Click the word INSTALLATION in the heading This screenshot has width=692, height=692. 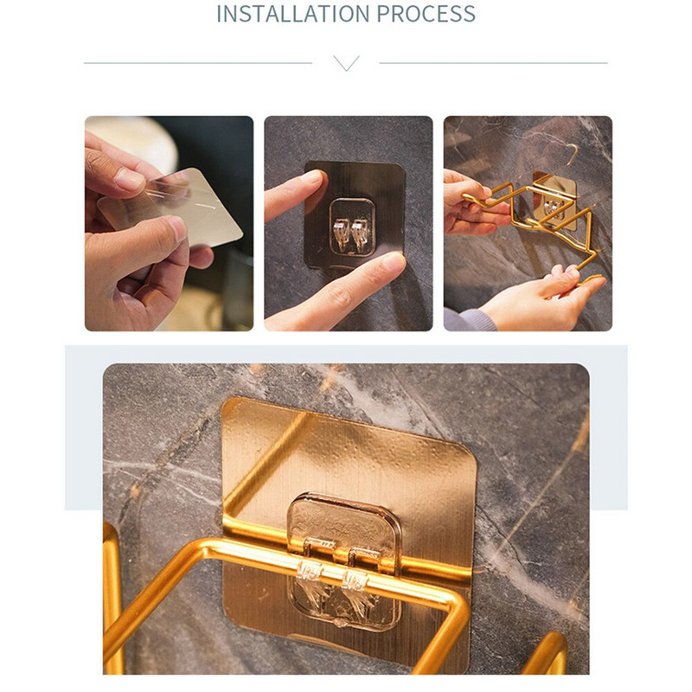(293, 13)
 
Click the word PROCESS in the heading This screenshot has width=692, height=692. (426, 13)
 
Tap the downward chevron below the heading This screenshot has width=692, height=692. (346, 63)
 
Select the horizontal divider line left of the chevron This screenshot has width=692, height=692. (198, 63)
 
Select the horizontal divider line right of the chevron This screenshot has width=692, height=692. (493, 63)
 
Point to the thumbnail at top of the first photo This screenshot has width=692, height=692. (129, 180)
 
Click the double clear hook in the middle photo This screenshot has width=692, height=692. (351, 234)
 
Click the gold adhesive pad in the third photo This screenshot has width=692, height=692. (554, 201)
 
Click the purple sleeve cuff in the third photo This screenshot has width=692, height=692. (469, 320)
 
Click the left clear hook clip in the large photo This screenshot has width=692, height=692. (309, 572)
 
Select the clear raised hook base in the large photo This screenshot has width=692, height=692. (344, 561)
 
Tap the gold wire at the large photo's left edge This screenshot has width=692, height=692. (112, 596)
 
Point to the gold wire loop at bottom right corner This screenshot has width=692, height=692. (548, 654)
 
